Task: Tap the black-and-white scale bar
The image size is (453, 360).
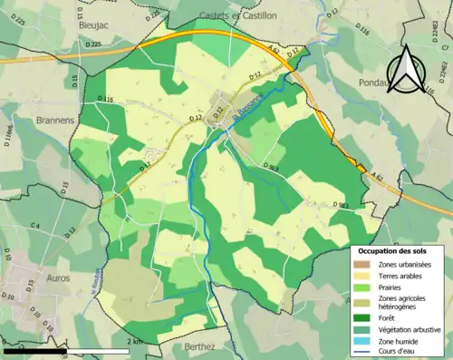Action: [x=64, y=349]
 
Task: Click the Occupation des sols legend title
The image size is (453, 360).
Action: [x=395, y=251]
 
